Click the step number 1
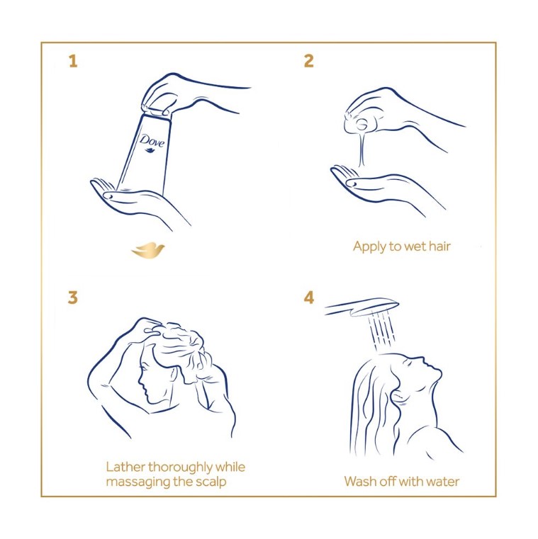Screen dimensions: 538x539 (x=73, y=61)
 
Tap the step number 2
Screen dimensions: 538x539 (x=309, y=61)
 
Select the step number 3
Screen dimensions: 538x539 (x=72, y=297)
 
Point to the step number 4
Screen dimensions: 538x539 (x=309, y=297)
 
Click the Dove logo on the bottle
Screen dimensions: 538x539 (x=152, y=142)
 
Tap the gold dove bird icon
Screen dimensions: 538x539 (x=148, y=250)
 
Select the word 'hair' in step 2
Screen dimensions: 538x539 (x=439, y=246)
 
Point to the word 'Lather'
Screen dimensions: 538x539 (x=125, y=467)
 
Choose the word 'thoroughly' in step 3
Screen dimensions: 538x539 (x=180, y=468)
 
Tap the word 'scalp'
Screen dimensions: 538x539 (x=211, y=482)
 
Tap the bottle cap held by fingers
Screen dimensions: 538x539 (x=157, y=112)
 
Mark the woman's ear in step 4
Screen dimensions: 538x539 (x=398, y=396)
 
